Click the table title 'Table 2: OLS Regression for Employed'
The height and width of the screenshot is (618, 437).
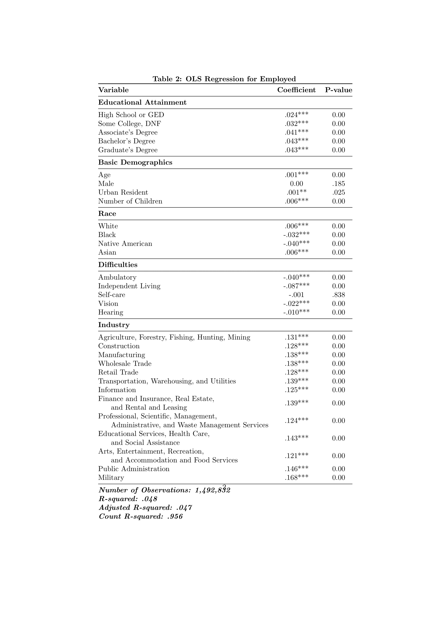(x=224, y=79)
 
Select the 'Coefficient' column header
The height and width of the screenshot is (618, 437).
(x=296, y=90)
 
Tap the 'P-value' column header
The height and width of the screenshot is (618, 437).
(x=338, y=90)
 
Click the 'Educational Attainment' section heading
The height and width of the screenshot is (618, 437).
(x=142, y=102)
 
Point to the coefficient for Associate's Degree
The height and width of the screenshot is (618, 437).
(x=296, y=132)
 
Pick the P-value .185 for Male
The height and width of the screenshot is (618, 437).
(x=338, y=184)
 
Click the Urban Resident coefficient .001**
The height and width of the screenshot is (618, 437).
(x=296, y=192)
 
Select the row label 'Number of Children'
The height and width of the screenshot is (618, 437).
(x=130, y=201)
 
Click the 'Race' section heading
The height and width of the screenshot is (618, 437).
(x=107, y=213)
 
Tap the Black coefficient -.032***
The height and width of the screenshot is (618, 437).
(x=296, y=235)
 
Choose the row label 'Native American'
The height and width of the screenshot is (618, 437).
(x=125, y=244)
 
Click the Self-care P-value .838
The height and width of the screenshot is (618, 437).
(x=338, y=295)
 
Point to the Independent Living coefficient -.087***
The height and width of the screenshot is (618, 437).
(x=296, y=286)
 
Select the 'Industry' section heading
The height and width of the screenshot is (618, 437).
(x=114, y=325)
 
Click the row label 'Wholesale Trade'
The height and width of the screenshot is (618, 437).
(x=125, y=364)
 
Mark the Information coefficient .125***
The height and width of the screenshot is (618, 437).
(x=296, y=390)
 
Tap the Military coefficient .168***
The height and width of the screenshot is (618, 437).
(x=296, y=477)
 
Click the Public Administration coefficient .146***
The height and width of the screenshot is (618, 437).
(x=296, y=469)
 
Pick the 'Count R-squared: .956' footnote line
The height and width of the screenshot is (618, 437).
(x=141, y=517)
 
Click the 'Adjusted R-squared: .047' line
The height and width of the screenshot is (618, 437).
(x=145, y=508)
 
